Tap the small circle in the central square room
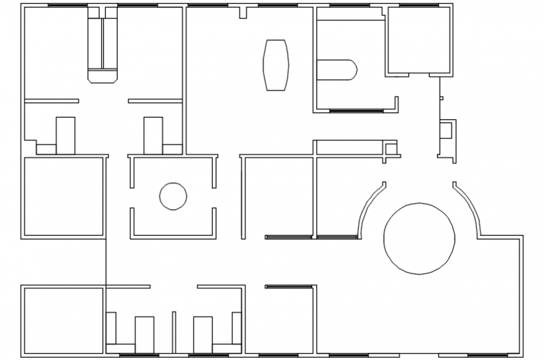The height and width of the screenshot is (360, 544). click(173, 196)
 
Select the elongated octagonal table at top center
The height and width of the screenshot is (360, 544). click(276, 64)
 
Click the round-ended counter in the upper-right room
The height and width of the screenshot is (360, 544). click(338, 70)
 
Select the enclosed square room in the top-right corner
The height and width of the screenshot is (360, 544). click(418, 41)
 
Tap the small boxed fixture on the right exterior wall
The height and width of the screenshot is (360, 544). click(446, 131)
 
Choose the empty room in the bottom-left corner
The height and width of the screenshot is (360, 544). click(63, 321)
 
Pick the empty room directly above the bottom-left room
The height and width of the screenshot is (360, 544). click(63, 196)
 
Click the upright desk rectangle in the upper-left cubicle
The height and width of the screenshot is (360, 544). click(66, 135)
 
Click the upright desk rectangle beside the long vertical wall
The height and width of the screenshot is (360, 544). click(153, 135)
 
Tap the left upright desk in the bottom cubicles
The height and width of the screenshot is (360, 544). click(144, 335)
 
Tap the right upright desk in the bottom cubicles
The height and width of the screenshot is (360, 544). click(203, 335)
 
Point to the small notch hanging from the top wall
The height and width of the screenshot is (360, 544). click(244, 12)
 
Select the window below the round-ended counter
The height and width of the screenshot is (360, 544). click(356, 111)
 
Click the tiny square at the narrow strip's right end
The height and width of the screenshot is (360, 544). click(391, 149)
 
